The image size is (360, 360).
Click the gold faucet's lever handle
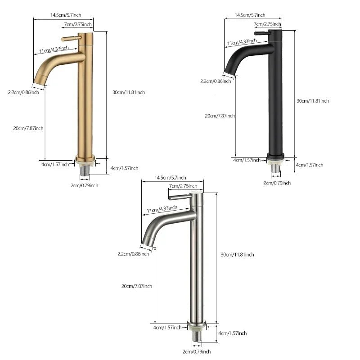[x=72, y=38]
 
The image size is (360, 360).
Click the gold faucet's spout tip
[x=40, y=82]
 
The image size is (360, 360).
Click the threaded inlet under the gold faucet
[x=85, y=171]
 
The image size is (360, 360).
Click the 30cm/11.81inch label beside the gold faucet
[x=129, y=92]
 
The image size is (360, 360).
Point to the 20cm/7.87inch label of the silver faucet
[x=136, y=286]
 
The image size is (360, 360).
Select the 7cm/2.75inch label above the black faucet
[x=267, y=24]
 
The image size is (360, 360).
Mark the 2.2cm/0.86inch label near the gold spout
[x=26, y=92]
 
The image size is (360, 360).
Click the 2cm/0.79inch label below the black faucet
[x=277, y=183]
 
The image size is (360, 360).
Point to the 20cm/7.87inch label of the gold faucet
[x=28, y=128]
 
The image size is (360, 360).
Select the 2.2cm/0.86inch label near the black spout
[x=216, y=81]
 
